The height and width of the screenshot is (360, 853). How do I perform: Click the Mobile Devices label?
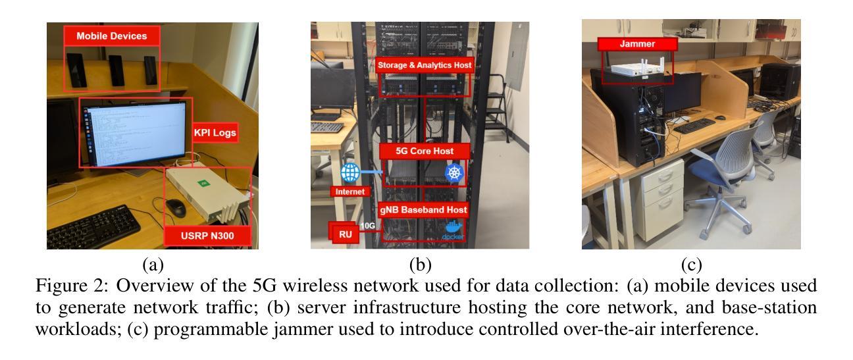pos(112,36)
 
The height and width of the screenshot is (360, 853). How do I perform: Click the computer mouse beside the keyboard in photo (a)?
pos(176,207)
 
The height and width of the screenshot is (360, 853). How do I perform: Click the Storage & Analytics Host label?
pos(425,64)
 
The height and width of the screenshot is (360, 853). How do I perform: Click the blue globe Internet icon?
pos(349,173)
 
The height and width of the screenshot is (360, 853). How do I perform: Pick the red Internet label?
pos(349,193)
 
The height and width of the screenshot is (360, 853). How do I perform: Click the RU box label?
pos(344,232)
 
